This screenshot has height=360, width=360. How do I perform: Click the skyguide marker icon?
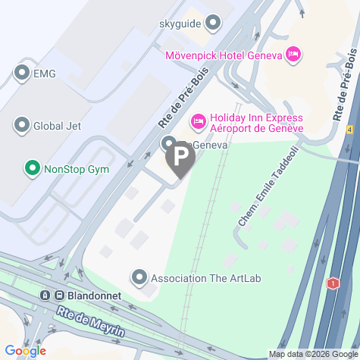[213, 22]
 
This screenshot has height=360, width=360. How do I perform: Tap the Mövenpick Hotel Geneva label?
[223, 55]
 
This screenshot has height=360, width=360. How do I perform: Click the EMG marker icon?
[20, 73]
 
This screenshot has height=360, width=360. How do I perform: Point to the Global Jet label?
[57, 125]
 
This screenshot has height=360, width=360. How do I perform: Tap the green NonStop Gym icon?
[32, 167]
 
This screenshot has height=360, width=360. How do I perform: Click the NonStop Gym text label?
[77, 167]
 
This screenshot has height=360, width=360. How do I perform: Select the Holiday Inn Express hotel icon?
[199, 121]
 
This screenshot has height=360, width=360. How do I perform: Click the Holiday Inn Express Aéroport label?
[256, 123]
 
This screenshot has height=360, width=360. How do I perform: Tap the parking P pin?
[180, 158]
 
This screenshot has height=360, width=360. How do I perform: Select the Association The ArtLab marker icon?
[139, 277]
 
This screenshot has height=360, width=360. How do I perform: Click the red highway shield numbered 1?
[332, 283]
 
